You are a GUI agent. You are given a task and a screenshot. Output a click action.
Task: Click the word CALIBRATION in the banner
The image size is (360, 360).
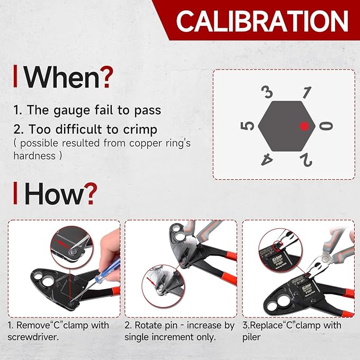pos(262,21)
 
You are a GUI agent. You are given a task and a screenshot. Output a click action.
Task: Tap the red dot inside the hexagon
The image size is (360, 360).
pos(304,126)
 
